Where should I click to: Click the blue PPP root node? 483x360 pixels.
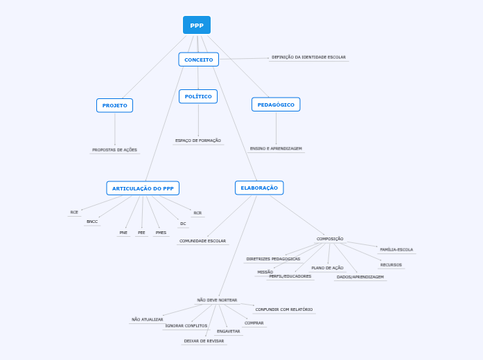click(197, 25)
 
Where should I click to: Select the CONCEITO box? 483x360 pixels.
click(198, 60)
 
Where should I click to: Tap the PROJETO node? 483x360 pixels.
click(114, 105)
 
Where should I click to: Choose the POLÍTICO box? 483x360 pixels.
click(198, 96)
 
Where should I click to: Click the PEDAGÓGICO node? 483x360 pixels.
click(276, 105)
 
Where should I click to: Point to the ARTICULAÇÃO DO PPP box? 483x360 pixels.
click(143, 188)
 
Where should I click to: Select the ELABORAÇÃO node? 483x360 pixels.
click(259, 188)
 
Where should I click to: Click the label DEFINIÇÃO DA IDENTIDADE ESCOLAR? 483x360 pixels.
click(308, 57)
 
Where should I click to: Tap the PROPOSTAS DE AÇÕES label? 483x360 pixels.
click(114, 150)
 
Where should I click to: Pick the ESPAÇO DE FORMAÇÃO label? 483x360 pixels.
click(198, 141)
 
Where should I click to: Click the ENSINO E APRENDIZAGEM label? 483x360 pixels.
click(276, 148)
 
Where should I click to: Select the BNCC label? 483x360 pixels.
click(92, 222)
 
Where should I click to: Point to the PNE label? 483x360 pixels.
click(123, 233)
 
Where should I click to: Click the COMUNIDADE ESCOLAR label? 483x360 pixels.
click(202, 241)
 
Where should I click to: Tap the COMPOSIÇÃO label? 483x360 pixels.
click(330, 239)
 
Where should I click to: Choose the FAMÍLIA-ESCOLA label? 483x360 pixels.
click(396, 249)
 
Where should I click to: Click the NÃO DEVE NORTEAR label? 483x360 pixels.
click(217, 300)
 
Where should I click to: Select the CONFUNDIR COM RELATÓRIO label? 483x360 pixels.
click(283, 309)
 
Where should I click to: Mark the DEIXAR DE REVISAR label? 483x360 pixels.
click(204, 341)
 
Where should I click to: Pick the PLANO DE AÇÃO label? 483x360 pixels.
click(327, 268)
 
